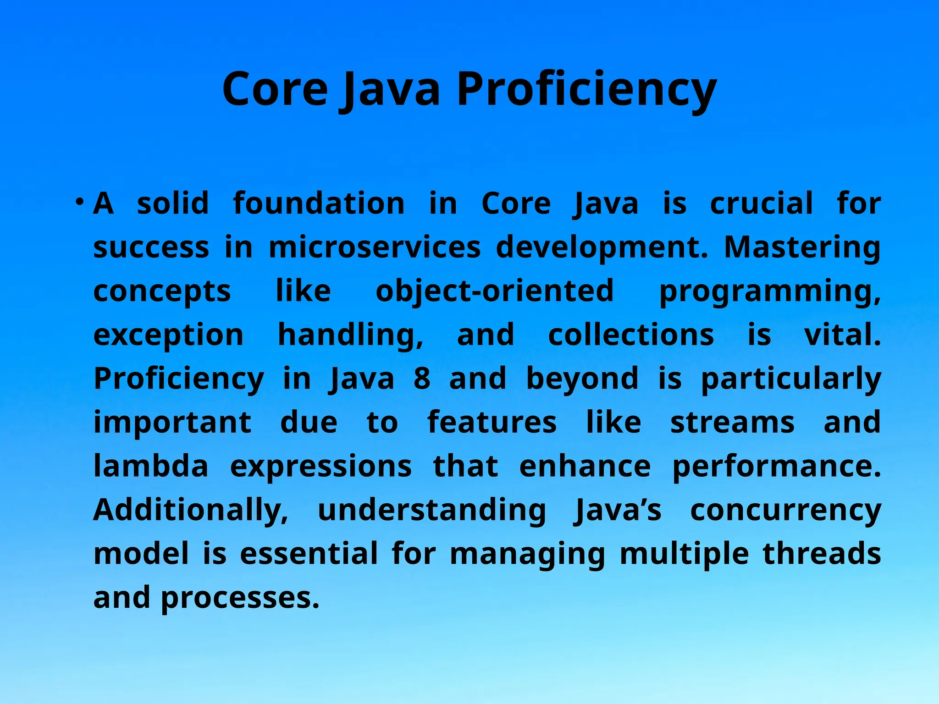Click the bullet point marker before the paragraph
[x=80, y=202]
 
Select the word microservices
[x=375, y=247]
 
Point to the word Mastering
[x=802, y=247]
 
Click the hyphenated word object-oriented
[x=495, y=291]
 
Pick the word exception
[x=168, y=335]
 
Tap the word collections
[x=631, y=335]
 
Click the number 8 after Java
[x=422, y=379]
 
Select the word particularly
[x=791, y=379]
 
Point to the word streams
[x=732, y=423]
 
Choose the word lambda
[x=151, y=466]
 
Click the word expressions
[x=320, y=467]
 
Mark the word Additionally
[x=191, y=510]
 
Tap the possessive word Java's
[x=618, y=510]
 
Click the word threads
[x=822, y=554]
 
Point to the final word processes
[x=240, y=598]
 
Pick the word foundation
[x=319, y=203]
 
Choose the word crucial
[x=762, y=203]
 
